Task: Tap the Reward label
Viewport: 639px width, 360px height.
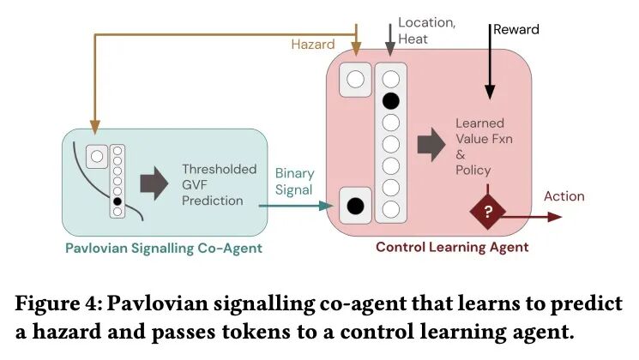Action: [x=515, y=29]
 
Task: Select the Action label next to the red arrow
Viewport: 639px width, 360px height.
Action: [x=564, y=196]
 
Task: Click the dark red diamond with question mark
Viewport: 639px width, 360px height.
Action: [x=488, y=212]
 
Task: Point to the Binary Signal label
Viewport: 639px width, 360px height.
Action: [x=295, y=181]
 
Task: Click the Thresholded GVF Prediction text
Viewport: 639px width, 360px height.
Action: [x=219, y=185]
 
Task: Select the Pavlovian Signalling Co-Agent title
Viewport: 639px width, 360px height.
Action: [x=163, y=249]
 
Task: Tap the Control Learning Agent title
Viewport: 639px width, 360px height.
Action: [x=452, y=248]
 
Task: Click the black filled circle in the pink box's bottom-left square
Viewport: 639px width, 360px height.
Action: [x=353, y=206]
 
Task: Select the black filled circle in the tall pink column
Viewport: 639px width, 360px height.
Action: [x=390, y=100]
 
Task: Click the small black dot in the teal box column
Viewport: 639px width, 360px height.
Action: [x=118, y=201]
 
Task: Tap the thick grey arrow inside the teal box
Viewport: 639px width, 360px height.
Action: [x=154, y=184]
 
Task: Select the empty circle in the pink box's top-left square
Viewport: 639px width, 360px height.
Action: [x=354, y=80]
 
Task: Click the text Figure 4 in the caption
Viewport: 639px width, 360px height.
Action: [x=59, y=304]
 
